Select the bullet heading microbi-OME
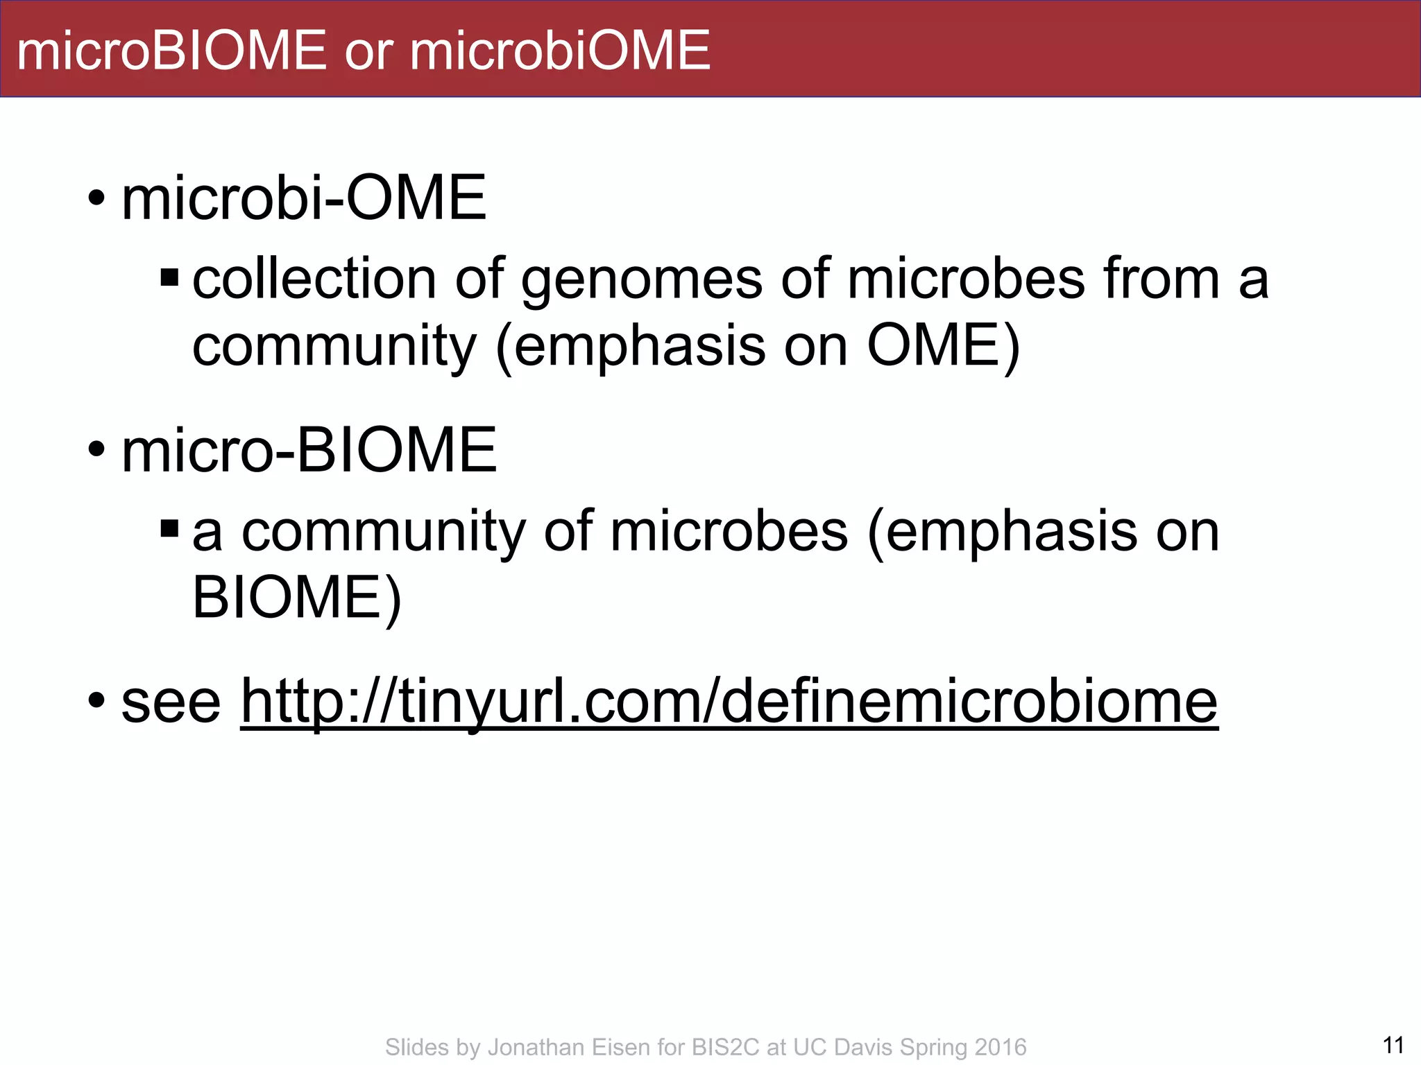(304, 199)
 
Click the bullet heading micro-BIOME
(309, 451)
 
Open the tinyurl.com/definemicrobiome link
(729, 702)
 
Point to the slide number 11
(1393, 1045)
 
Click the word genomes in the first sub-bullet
(642, 279)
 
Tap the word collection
(314, 279)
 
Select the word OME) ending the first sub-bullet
(944, 346)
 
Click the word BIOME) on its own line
(297, 598)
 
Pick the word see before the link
(171, 702)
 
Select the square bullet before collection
(169, 278)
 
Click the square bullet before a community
(169, 530)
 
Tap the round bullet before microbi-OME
(96, 199)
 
